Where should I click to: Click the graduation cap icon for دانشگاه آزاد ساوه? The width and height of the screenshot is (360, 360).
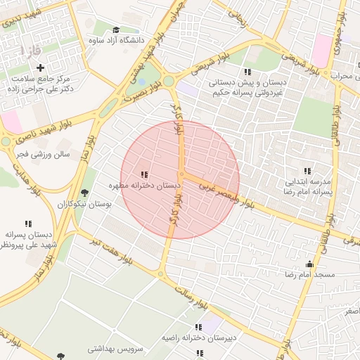click(115, 30)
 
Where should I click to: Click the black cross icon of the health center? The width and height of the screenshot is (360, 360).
click(40, 68)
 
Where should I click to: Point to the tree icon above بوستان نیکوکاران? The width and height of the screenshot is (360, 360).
click(85, 193)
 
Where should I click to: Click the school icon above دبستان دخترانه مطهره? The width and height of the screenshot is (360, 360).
click(144, 174)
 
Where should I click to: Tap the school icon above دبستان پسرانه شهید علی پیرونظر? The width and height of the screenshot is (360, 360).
click(28, 224)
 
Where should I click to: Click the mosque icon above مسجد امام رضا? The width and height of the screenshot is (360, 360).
click(309, 264)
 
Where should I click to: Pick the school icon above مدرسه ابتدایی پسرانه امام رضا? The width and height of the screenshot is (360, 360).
click(307, 171)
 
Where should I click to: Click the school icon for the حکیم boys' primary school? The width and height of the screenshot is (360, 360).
click(247, 72)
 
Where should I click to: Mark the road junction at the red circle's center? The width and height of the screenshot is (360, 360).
click(181, 174)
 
